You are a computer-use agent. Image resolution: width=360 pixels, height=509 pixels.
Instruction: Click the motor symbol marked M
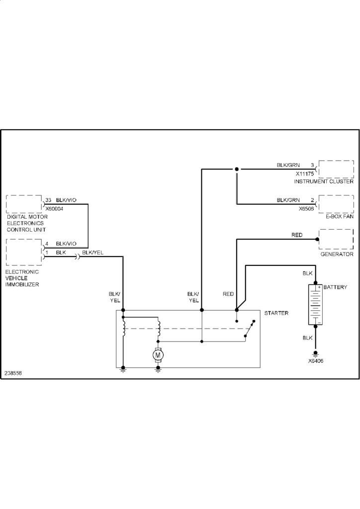tap(158, 355)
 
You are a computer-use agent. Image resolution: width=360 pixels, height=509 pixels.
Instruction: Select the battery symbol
tap(315, 305)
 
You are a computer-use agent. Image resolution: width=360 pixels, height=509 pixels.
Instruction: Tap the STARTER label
tap(276, 313)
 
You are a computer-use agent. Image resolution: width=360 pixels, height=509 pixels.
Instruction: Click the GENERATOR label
tap(337, 254)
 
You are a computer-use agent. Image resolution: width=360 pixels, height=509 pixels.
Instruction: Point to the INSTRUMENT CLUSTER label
tap(323, 182)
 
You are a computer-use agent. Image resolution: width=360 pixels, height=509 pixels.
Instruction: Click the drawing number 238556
tap(14, 373)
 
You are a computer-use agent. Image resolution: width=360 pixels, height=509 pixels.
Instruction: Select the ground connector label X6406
tap(315, 361)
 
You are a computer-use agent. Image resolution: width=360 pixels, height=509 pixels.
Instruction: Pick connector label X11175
tap(305, 174)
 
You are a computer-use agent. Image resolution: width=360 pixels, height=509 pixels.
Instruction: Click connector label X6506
tap(307, 209)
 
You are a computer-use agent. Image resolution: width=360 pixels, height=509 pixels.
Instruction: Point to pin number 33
tap(48, 200)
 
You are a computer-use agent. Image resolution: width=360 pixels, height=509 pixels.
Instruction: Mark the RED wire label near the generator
tap(297, 235)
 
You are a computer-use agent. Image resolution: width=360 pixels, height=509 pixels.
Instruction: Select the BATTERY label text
tap(335, 288)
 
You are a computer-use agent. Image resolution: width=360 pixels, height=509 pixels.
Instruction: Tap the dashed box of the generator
tap(336, 240)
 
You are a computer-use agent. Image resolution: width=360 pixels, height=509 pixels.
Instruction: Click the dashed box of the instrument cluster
tap(336, 169)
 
